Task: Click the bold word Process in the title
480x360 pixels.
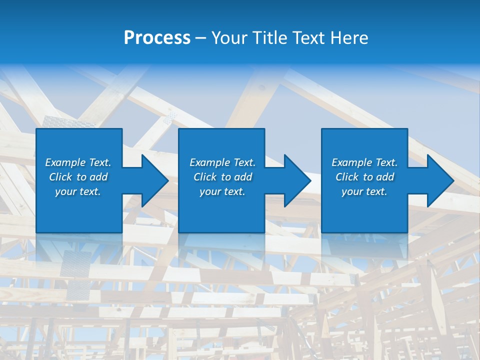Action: click(157, 38)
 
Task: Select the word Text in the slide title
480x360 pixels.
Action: click(310, 38)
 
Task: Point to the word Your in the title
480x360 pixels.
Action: click(229, 38)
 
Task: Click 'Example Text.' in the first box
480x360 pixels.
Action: click(78, 162)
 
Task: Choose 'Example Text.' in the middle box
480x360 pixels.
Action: click(222, 162)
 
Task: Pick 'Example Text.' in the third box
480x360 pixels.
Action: click(364, 162)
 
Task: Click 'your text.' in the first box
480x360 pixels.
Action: click(78, 191)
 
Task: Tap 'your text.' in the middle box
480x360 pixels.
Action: click(222, 191)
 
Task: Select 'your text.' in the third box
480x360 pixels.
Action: click(364, 191)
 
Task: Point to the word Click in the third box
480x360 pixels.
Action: click(347, 177)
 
